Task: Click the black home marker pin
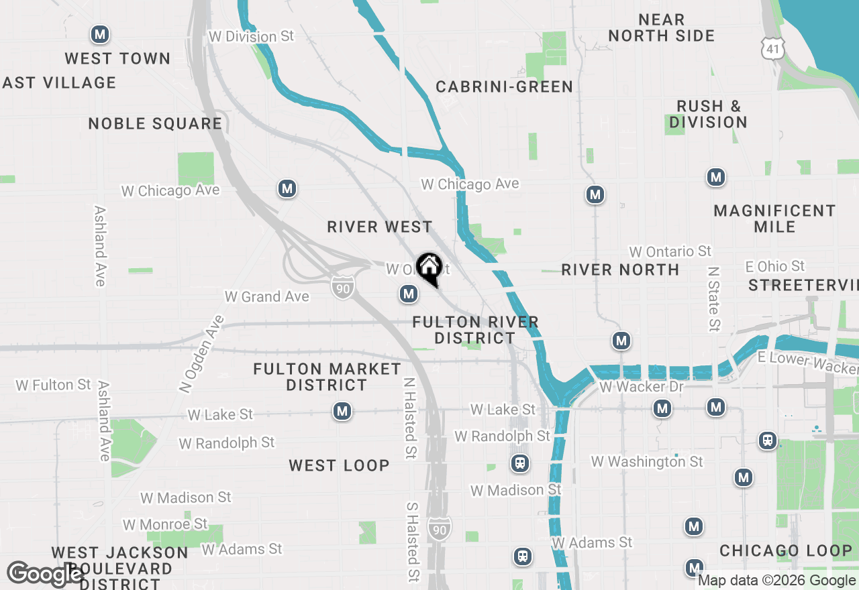click(x=429, y=269)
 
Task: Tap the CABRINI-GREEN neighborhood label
click(x=504, y=86)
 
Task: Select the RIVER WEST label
click(x=380, y=227)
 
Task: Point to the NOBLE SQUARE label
click(x=155, y=123)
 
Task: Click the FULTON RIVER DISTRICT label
click(x=475, y=330)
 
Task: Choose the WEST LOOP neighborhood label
click(x=339, y=465)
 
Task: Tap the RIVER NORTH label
click(x=620, y=270)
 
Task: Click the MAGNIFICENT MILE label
click(x=774, y=219)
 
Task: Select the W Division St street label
click(x=251, y=36)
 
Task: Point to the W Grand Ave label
click(x=266, y=296)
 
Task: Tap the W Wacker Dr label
click(x=642, y=387)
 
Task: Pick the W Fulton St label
click(x=53, y=385)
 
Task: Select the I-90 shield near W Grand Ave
click(x=342, y=288)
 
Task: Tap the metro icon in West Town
click(x=100, y=34)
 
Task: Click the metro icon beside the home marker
click(x=408, y=293)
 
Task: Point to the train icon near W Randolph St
click(x=519, y=463)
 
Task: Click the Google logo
click(x=46, y=574)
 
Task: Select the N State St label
click(x=713, y=299)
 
